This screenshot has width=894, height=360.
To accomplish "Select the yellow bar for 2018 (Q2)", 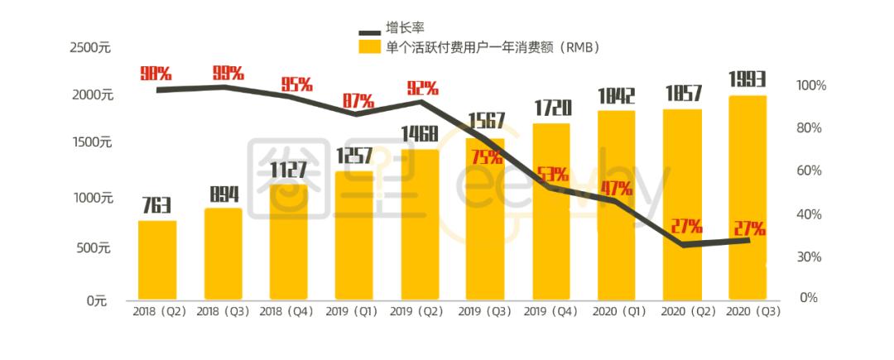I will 157,260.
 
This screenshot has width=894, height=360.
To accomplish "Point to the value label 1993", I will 747,80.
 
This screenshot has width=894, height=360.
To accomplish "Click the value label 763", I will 156,204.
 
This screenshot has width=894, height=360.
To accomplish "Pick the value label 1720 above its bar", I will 550,108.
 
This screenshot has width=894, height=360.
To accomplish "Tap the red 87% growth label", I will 357,101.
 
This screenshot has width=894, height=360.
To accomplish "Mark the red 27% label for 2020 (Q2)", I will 685,226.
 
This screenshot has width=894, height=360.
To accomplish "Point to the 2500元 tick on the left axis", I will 90,47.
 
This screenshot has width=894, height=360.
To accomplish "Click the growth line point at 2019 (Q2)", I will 421,102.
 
